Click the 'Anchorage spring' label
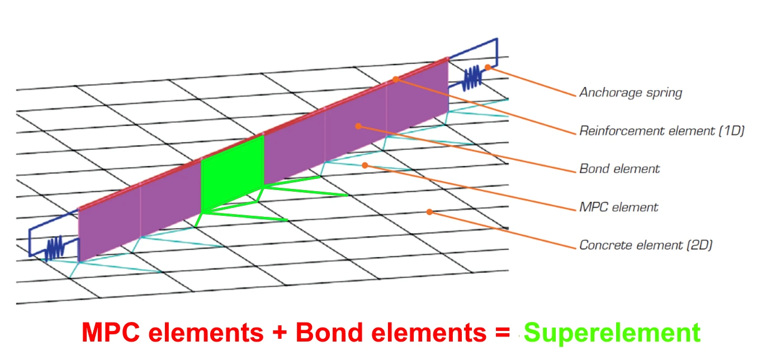[631, 93]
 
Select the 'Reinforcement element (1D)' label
[662, 131]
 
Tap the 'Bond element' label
[619, 169]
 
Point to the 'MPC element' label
[619, 207]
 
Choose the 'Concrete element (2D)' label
[646, 245]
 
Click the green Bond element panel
[233, 174]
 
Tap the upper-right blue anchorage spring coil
[472, 78]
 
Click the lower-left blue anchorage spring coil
[55, 248]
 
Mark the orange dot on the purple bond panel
[358, 126]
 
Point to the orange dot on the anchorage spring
[488, 67]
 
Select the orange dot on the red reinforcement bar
[395, 79]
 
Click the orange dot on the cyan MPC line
[365, 165]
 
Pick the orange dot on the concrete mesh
[429, 212]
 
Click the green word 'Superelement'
[612, 333]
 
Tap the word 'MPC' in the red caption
[111, 332]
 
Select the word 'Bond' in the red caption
[329, 332]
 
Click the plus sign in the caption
[280, 333]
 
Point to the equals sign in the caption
[503, 333]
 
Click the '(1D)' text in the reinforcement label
[731, 131]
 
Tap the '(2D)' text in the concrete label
[699, 245]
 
